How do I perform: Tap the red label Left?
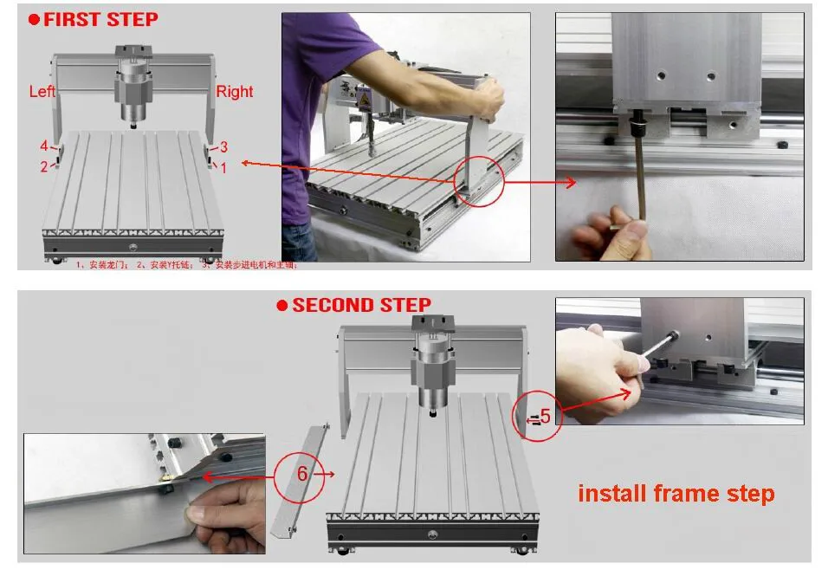pos(42,91)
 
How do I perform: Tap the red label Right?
pos(234,91)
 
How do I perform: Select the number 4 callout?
pos(43,146)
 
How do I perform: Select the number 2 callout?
pos(43,166)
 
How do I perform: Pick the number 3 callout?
pos(223,146)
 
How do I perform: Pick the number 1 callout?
pos(223,168)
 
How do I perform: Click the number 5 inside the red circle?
pos(545,417)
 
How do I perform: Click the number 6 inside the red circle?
pos(302,474)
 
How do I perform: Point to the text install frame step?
pos(676,494)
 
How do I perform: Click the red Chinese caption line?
pos(185,265)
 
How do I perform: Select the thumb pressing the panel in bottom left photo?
pos(208,516)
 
